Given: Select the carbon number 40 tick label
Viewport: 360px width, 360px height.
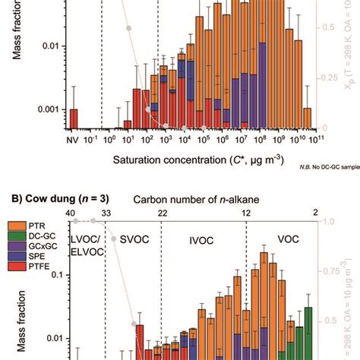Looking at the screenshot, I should click(x=71, y=213).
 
